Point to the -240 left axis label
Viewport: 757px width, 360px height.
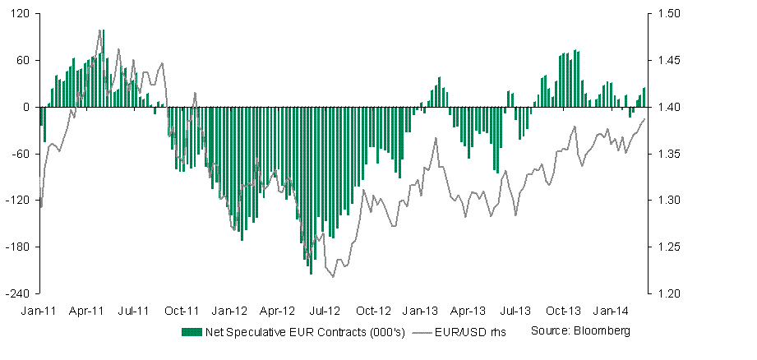pos(21,293)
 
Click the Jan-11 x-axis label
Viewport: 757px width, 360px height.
pos(39,312)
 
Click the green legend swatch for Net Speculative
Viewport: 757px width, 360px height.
pos(191,331)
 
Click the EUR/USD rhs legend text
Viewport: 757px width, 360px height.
pos(475,331)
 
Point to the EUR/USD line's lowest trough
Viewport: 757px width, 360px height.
pos(333,277)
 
